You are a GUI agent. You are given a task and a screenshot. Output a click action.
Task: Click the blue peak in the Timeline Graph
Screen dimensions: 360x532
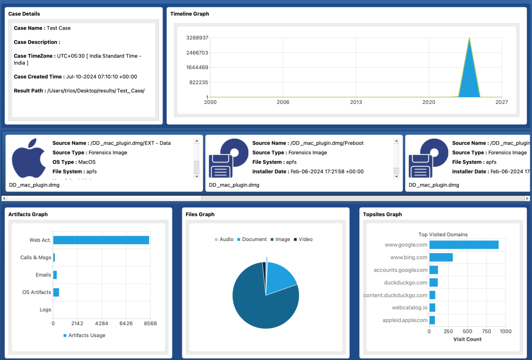(469, 78)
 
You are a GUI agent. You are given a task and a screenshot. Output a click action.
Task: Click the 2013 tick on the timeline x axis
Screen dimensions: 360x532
(356, 102)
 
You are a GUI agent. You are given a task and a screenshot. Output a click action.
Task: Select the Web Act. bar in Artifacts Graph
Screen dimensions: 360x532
(101, 240)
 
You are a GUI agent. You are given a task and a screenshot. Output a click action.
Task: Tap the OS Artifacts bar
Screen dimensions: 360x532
(56, 292)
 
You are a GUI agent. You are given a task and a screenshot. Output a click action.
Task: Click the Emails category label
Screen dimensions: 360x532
(43, 275)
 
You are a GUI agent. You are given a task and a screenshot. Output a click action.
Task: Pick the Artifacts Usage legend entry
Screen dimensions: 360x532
(86, 336)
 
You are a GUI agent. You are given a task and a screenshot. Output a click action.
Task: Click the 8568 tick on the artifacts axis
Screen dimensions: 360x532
(150, 324)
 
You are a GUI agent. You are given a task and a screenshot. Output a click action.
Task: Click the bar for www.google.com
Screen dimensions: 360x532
(463, 245)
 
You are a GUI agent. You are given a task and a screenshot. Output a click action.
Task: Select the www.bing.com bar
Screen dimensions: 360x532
(441, 257)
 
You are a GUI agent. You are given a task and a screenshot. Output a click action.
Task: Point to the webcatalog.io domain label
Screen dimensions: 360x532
(409, 308)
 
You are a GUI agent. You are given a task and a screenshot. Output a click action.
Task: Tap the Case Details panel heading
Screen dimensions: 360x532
(24, 14)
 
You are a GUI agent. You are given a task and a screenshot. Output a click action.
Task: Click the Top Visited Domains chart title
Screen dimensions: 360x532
(443, 234)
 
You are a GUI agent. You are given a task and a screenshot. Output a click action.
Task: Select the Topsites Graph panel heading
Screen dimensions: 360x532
(382, 214)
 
